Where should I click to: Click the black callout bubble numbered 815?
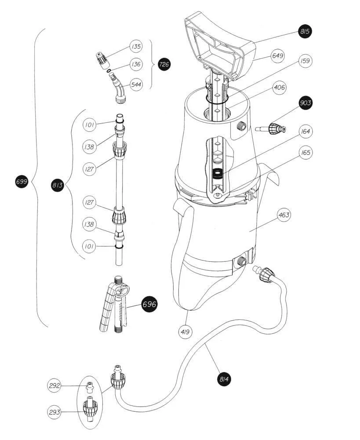pyautogui.click(x=305, y=31)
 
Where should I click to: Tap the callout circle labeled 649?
pyautogui.click(x=277, y=55)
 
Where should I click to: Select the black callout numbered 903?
pyautogui.click(x=305, y=103)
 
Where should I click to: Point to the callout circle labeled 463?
pyautogui.click(x=284, y=215)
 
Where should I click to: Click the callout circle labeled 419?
pyautogui.click(x=185, y=332)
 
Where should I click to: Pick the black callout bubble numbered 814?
pyautogui.click(x=224, y=379)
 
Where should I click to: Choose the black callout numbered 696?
pyautogui.click(x=149, y=304)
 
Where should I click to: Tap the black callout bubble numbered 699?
pyautogui.click(x=22, y=182)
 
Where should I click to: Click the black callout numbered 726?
pyautogui.click(x=164, y=64)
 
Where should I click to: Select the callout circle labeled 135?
pyautogui.click(x=136, y=46)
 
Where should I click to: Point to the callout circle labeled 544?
pyautogui.click(x=136, y=84)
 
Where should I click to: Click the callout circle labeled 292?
pyautogui.click(x=55, y=385)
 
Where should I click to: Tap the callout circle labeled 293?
pyautogui.click(x=55, y=412)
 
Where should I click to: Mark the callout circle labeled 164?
pyautogui.click(x=305, y=131)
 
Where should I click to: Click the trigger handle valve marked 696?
pyautogui.click(x=113, y=304)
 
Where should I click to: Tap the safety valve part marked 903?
pyautogui.click(x=271, y=129)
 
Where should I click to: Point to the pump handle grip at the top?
pyautogui.click(x=220, y=45)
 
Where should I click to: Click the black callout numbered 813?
pyautogui.click(x=57, y=185)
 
